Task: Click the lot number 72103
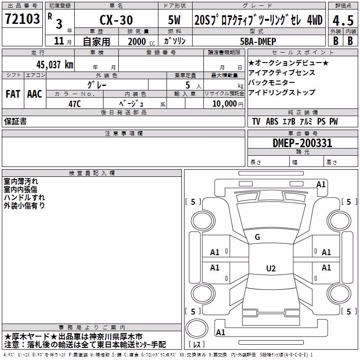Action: pos(22,19)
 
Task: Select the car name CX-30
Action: pos(116,20)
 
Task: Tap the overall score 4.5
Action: pos(343,21)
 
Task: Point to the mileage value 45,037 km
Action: pos(54,65)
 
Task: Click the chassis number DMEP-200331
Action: pos(302,143)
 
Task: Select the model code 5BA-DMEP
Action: pos(258,41)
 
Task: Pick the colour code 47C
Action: pos(75,104)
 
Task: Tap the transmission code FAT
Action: pos(13,94)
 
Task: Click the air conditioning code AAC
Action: pos(35,94)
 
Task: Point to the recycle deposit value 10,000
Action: pos(224,104)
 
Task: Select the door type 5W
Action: pos(174,20)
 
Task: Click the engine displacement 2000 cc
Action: pos(141,41)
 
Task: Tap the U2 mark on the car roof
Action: pos(271,268)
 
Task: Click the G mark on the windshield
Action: pos(257,237)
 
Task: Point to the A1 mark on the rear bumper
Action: pos(220,332)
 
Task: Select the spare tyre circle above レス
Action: pos(197,328)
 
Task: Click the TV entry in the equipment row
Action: pos(256,121)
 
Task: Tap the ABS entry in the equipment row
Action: pos(272,121)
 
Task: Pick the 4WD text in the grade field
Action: pos(315,20)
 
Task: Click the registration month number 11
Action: pos(59,41)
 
